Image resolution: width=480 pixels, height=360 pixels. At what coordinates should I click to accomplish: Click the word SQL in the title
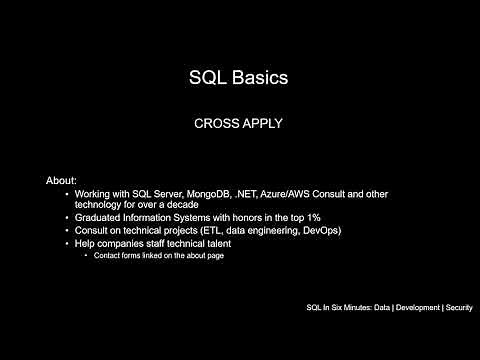(208, 77)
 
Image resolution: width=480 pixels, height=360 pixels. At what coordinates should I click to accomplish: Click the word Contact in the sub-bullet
(107, 256)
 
